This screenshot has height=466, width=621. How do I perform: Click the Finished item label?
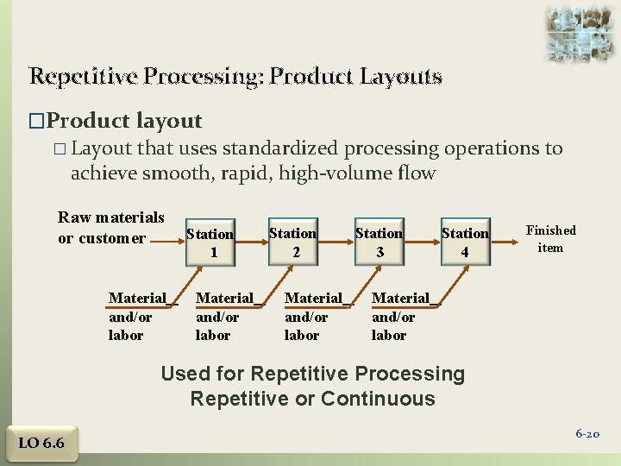tap(550, 239)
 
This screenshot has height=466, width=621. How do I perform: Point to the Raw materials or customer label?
tap(110, 227)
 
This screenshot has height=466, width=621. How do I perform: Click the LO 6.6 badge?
tap(41, 444)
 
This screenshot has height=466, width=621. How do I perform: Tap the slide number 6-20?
tap(587, 434)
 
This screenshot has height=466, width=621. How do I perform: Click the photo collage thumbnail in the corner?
tap(580, 32)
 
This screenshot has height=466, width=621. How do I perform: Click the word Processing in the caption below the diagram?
tap(410, 374)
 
